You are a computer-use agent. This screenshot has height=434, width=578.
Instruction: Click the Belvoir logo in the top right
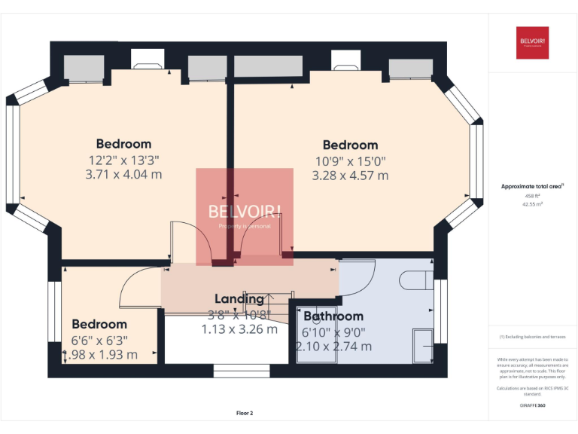532,43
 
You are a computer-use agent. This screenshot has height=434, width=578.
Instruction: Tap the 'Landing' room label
239,299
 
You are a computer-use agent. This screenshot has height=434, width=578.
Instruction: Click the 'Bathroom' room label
333,316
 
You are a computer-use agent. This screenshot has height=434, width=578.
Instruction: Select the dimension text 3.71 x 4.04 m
124,175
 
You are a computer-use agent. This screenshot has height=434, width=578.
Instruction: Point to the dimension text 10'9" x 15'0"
350,160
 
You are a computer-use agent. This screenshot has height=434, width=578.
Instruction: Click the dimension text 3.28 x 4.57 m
350,176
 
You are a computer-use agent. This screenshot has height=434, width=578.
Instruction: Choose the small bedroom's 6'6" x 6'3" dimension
99,340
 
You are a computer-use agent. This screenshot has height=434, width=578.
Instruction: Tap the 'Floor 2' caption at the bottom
245,413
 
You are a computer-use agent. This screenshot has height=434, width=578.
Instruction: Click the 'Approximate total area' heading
532,186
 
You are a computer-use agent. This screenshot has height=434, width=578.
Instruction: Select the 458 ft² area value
532,195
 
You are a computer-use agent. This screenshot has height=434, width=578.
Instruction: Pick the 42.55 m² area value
532,203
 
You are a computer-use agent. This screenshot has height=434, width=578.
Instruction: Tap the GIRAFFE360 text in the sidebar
532,405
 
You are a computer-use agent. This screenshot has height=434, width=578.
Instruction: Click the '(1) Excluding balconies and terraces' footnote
532,337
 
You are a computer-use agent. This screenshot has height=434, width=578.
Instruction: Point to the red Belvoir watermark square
245,216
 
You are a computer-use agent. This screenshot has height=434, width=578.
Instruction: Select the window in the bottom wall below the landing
236,371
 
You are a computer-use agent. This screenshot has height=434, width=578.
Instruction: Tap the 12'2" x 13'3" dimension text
124,160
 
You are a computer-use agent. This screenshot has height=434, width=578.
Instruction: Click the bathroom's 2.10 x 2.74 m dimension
333,347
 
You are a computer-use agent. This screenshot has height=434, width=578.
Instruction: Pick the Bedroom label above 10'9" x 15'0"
350,145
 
